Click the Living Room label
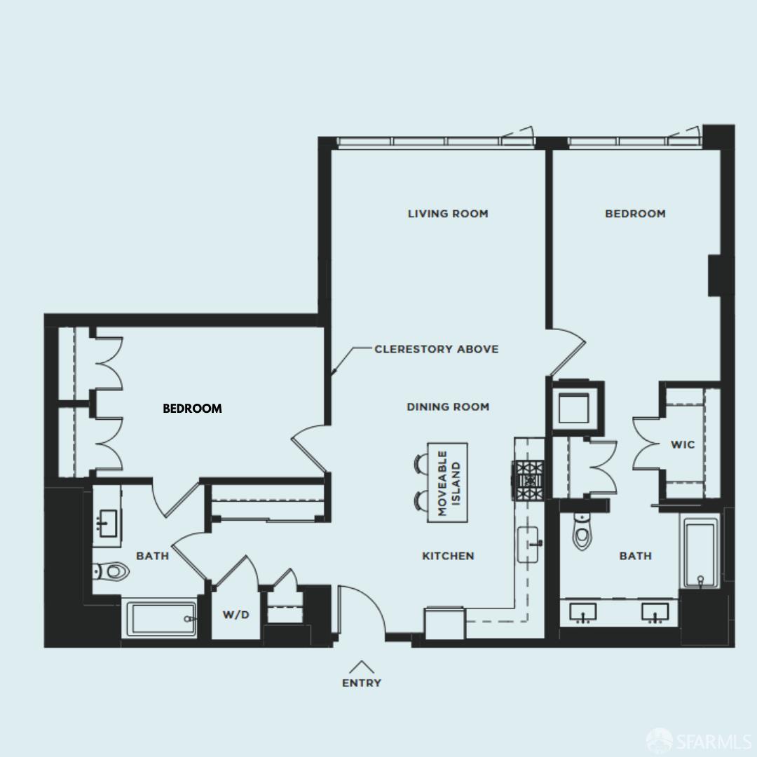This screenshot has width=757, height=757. pos(448,213)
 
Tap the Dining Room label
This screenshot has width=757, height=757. pos(448,407)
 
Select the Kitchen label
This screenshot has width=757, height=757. pos(448,556)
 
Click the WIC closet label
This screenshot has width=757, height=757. pos(683,444)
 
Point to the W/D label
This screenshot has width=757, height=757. pos(236,615)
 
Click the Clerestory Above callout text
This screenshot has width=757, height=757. pos(437,349)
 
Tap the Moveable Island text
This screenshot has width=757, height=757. pos(449,483)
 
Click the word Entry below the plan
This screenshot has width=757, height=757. pos(362,683)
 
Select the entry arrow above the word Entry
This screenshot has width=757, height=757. pos(362,667)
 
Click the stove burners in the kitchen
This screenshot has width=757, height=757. pos(530,480)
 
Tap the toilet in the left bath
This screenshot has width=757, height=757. pos(112,572)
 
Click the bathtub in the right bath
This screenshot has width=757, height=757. pos(700,551)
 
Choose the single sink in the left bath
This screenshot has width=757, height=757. pos(108,523)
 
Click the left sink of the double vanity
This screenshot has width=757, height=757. pos(583,612)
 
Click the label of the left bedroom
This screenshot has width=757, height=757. pos(192,409)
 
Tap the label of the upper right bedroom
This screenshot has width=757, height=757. pos(635,213)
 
